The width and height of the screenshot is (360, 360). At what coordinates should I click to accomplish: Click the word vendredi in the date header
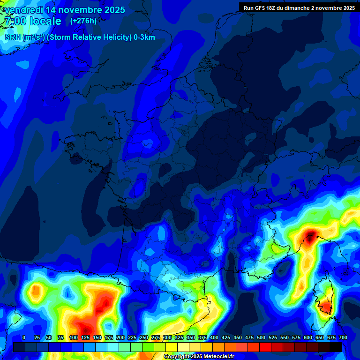[23, 10]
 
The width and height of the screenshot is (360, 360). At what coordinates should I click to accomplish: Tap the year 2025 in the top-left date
[112, 10]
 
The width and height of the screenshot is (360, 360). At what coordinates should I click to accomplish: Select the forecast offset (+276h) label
[83, 21]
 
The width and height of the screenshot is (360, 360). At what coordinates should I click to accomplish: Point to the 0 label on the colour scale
[24, 338]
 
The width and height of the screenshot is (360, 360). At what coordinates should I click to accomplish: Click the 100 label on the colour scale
[74, 338]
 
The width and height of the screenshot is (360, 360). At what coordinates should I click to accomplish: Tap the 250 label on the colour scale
[144, 338]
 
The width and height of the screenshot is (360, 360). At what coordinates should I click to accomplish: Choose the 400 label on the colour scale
[214, 338]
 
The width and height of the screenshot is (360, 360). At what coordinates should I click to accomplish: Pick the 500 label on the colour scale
[261, 338]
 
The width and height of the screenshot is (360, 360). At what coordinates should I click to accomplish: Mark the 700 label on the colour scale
[343, 338]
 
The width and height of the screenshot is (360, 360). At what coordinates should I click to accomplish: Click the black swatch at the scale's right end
[335, 347]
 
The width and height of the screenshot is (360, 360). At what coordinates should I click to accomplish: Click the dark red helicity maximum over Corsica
[324, 306]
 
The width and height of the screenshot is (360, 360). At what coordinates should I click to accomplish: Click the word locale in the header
[45, 21]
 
